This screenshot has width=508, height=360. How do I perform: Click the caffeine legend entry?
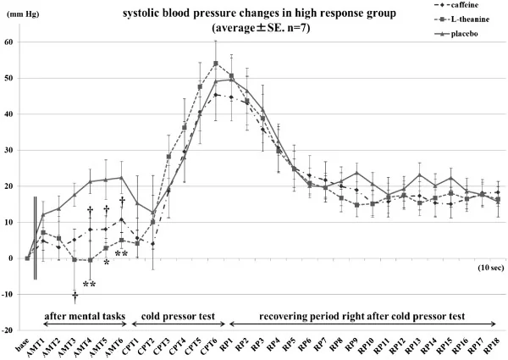click(x=456, y=5)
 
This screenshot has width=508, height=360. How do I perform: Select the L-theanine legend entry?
click(x=461, y=19)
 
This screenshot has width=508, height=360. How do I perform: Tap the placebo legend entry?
click(x=456, y=34)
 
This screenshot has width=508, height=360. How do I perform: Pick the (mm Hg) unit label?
click(x=21, y=14)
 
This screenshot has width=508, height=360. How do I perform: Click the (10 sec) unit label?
click(x=490, y=268)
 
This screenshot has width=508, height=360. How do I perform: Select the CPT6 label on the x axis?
click(x=207, y=346)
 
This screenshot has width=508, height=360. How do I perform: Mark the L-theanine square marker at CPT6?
click(x=216, y=64)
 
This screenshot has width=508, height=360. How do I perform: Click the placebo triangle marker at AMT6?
click(x=121, y=178)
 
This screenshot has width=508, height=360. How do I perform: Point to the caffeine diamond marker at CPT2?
click(x=152, y=243)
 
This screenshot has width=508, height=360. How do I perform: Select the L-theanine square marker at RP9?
click(x=356, y=205)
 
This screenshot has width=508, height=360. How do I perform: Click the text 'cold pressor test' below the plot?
click(x=178, y=316)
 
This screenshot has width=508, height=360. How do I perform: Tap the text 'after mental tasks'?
click(x=85, y=316)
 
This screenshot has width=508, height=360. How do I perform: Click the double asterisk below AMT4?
click(x=90, y=284)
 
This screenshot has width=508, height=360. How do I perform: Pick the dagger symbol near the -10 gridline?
click(x=75, y=296)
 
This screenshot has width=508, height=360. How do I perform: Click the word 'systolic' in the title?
click(x=141, y=14)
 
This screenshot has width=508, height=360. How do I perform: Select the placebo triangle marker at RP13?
click(x=420, y=175)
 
